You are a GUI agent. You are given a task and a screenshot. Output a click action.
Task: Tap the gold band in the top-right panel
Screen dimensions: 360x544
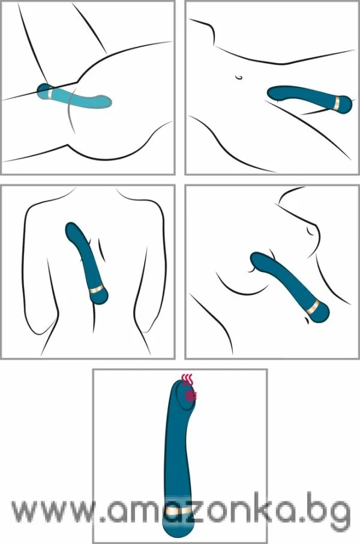(337, 103)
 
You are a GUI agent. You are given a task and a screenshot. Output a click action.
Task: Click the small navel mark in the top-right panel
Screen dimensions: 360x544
(239, 77)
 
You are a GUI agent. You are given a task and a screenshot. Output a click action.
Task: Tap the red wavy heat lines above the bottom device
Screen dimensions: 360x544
(188, 380)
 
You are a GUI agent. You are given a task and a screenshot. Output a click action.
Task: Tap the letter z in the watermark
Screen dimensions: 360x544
(205, 511)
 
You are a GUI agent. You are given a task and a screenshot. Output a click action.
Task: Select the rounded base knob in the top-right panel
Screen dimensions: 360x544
(346, 104)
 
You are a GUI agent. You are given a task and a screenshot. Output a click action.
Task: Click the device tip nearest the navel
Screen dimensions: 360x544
(275, 92)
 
